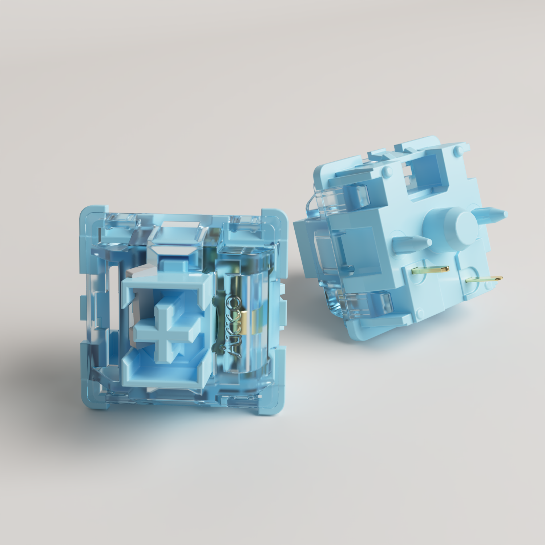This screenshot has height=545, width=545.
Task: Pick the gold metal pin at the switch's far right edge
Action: coord(485,279)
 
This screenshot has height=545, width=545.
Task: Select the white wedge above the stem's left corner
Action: coord(138,271)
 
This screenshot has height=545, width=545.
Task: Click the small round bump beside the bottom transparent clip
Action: coord(420,312)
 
